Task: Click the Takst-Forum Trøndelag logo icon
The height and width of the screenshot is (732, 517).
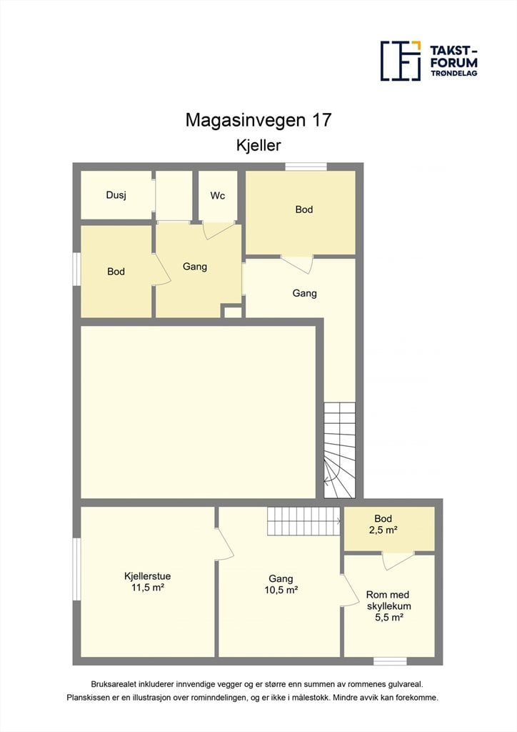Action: tap(401, 61)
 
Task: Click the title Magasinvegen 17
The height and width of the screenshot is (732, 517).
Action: tap(258, 120)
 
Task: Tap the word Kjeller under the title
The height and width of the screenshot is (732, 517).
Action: tap(258, 145)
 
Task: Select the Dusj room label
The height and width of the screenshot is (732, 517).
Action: tap(116, 195)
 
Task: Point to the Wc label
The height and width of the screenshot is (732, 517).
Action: tap(218, 196)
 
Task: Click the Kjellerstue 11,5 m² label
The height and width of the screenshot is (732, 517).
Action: tap(147, 582)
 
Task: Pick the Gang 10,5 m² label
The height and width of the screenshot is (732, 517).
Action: tap(281, 584)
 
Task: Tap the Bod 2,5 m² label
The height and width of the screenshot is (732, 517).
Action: tap(383, 524)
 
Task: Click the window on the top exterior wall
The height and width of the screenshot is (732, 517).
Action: tap(306, 167)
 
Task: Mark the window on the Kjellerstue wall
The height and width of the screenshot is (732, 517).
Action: tap(77, 568)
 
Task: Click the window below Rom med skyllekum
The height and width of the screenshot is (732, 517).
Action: tap(390, 661)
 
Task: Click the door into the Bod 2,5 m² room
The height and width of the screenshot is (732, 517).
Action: tap(398, 560)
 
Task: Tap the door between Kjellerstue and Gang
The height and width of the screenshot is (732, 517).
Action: tap(224, 543)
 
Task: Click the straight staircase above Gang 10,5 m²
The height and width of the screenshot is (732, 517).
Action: tap(303, 521)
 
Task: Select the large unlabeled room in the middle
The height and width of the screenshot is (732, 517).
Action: tap(198, 412)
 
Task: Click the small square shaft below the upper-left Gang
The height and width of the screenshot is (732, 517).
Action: tap(233, 312)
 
